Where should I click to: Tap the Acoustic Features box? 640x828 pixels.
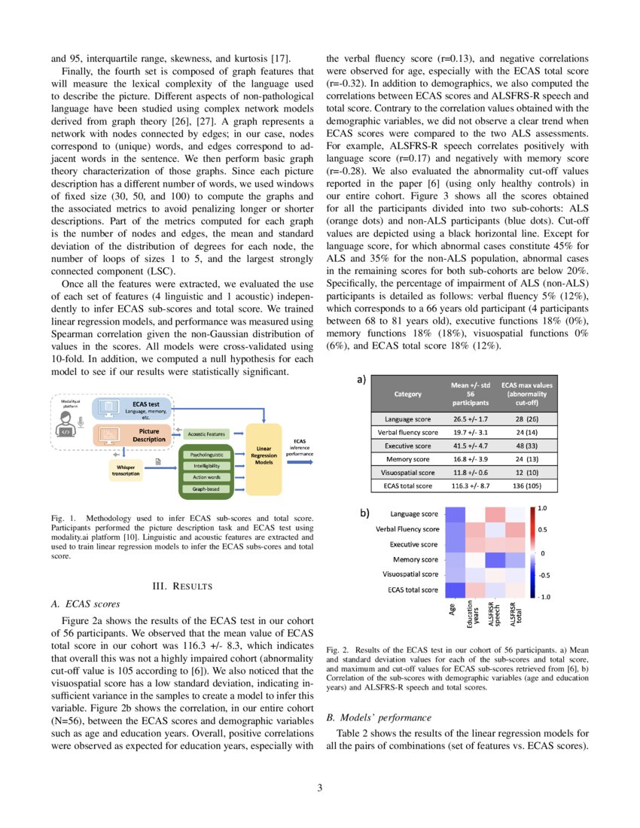coord(206,434)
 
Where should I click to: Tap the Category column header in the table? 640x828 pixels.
coord(407,393)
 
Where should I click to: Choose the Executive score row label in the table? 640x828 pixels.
coord(407,446)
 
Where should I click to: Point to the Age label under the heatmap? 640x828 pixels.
coord(453,611)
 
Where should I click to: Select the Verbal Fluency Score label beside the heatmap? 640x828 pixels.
coord(407,529)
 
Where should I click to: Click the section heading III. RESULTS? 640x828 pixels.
coord(181,586)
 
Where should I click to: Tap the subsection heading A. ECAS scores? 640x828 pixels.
coord(87,604)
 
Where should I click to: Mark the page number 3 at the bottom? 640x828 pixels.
coord(319,788)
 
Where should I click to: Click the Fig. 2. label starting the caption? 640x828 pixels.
coord(337,649)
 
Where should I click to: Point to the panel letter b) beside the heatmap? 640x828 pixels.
coord(364,513)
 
